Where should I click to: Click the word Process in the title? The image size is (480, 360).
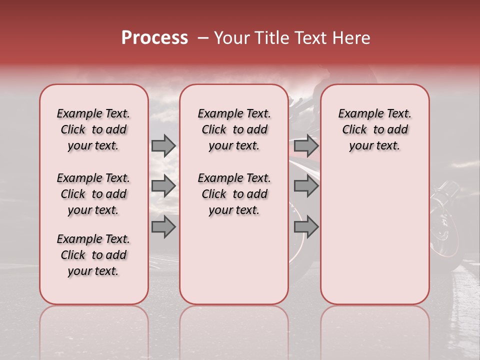[154, 38]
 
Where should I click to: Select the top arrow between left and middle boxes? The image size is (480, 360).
[163, 145]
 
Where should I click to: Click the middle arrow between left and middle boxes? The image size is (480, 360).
[163, 186]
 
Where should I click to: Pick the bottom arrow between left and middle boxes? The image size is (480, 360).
[163, 226]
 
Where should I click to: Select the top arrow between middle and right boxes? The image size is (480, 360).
[306, 145]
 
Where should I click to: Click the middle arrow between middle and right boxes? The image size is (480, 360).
[306, 186]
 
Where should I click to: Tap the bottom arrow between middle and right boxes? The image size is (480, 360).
[306, 226]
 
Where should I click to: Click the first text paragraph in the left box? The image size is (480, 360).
[93, 129]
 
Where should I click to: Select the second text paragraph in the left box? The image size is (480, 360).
[93, 194]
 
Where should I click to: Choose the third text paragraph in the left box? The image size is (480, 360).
[93, 255]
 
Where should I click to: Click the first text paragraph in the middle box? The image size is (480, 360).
[234, 129]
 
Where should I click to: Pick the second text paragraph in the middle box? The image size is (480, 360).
[234, 194]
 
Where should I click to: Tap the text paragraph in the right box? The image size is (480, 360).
[374, 129]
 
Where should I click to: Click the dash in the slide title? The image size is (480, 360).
[202, 38]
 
